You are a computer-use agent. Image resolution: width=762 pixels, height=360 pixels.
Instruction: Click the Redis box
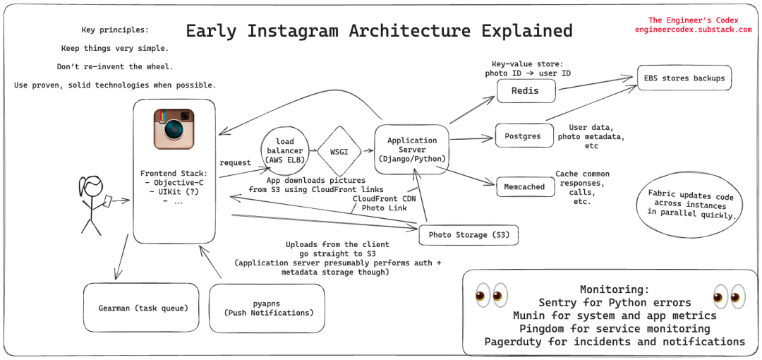tap(526, 91)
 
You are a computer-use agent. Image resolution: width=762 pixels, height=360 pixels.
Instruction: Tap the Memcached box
tap(525, 187)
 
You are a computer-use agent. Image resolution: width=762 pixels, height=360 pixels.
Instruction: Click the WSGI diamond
tap(339, 151)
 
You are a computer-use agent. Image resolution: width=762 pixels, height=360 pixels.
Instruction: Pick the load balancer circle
tap(285, 150)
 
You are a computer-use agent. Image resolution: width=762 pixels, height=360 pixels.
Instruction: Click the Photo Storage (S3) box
tap(468, 235)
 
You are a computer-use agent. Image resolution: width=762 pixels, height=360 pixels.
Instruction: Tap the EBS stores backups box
tap(684, 78)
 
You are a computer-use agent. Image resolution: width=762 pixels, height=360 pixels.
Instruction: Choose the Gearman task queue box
tap(141, 308)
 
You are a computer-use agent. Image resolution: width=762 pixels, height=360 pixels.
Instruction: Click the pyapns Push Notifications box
tap(267, 308)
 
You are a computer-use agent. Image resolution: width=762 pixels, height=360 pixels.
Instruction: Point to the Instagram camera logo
tap(174, 129)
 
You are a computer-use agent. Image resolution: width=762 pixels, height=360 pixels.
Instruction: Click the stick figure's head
tap(92, 186)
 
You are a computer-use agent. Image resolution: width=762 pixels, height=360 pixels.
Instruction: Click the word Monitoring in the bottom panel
tap(615, 289)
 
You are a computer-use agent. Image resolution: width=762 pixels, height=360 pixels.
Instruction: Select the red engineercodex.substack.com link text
tap(694, 29)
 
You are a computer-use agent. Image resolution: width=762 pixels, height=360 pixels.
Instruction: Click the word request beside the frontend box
tap(235, 162)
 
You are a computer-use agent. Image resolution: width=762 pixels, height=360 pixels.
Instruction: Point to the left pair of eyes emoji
tap(490, 296)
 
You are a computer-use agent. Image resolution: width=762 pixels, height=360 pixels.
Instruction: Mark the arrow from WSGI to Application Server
tap(368, 151)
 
